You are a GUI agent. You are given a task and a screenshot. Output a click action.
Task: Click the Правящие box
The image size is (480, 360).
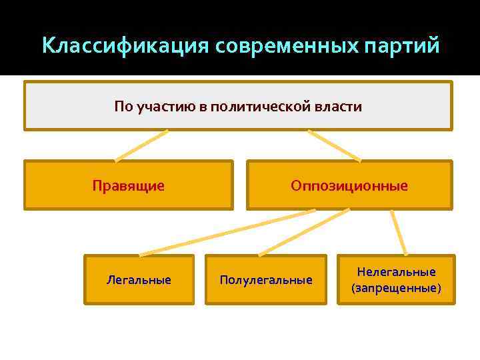coord(129,185)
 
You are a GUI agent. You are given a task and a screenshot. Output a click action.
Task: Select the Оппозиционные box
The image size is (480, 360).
coord(349,185)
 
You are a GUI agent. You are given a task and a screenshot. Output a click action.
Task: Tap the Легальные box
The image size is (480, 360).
coord(139,279)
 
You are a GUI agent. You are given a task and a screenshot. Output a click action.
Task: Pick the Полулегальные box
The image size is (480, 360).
coord(266,279)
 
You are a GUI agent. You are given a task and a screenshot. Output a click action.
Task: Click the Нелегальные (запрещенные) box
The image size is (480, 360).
coord(396,279)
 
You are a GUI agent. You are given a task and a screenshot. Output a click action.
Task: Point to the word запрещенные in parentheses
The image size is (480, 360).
coord(396,288)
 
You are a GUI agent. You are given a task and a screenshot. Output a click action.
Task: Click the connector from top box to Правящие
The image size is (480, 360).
coord(141,145)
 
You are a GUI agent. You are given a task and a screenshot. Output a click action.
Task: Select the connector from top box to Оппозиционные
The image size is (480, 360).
coord(334,145)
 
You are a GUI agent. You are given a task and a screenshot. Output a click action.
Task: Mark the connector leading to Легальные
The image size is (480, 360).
coord(227,233)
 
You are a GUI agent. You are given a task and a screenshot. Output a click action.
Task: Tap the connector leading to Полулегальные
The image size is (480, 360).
coord(304,233)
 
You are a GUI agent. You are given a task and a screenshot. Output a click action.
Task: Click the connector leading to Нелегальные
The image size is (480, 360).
coord(399,233)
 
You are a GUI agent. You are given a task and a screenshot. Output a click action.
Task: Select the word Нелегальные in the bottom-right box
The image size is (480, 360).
coord(396,271)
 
